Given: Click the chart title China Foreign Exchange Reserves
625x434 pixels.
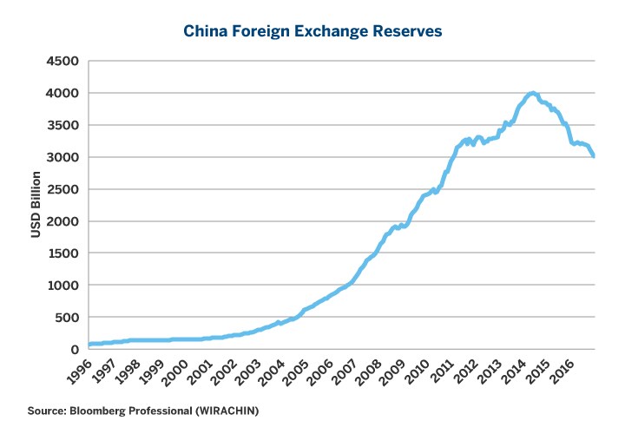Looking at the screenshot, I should click(312, 31).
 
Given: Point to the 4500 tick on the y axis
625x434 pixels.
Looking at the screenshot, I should click(62, 61).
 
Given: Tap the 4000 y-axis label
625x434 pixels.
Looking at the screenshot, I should click(62, 93).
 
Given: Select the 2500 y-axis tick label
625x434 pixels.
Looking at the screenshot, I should click(62, 189).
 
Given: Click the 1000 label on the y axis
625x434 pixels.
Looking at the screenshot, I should click(62, 286).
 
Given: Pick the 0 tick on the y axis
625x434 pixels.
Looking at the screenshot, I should click(75, 350).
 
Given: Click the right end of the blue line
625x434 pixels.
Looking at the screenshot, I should click(594, 156).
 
